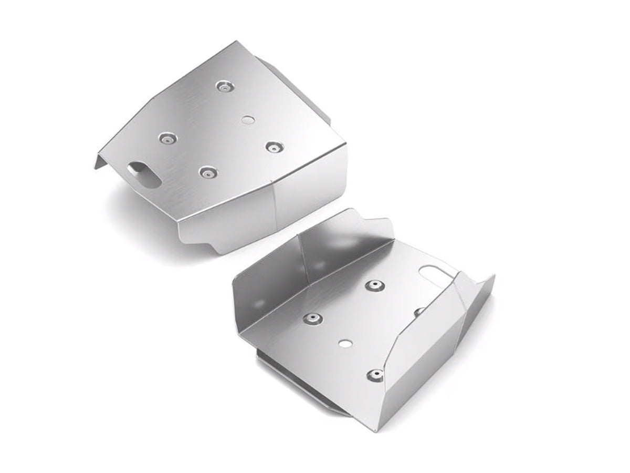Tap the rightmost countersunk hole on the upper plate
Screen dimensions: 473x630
point(271,147)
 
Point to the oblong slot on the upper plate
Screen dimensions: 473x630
point(143,173)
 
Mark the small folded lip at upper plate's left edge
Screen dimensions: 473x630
point(100,157)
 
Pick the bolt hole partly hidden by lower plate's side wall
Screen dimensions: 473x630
point(418,312)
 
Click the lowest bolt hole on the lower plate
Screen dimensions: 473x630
point(374,374)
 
